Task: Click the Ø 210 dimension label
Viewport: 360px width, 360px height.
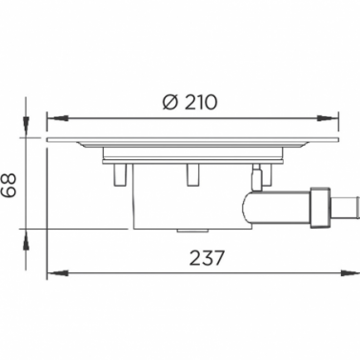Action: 190,102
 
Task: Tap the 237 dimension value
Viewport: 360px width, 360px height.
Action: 207,258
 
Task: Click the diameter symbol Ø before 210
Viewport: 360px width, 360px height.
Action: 170,102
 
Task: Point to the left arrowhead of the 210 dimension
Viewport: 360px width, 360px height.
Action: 58,118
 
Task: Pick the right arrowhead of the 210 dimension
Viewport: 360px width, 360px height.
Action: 328,118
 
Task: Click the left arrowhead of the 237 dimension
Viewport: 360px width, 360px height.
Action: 58,273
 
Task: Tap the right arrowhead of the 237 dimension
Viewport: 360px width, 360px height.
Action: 350,273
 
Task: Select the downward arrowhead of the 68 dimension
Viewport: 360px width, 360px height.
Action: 26,127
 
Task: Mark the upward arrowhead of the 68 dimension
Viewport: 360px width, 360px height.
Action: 26,239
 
